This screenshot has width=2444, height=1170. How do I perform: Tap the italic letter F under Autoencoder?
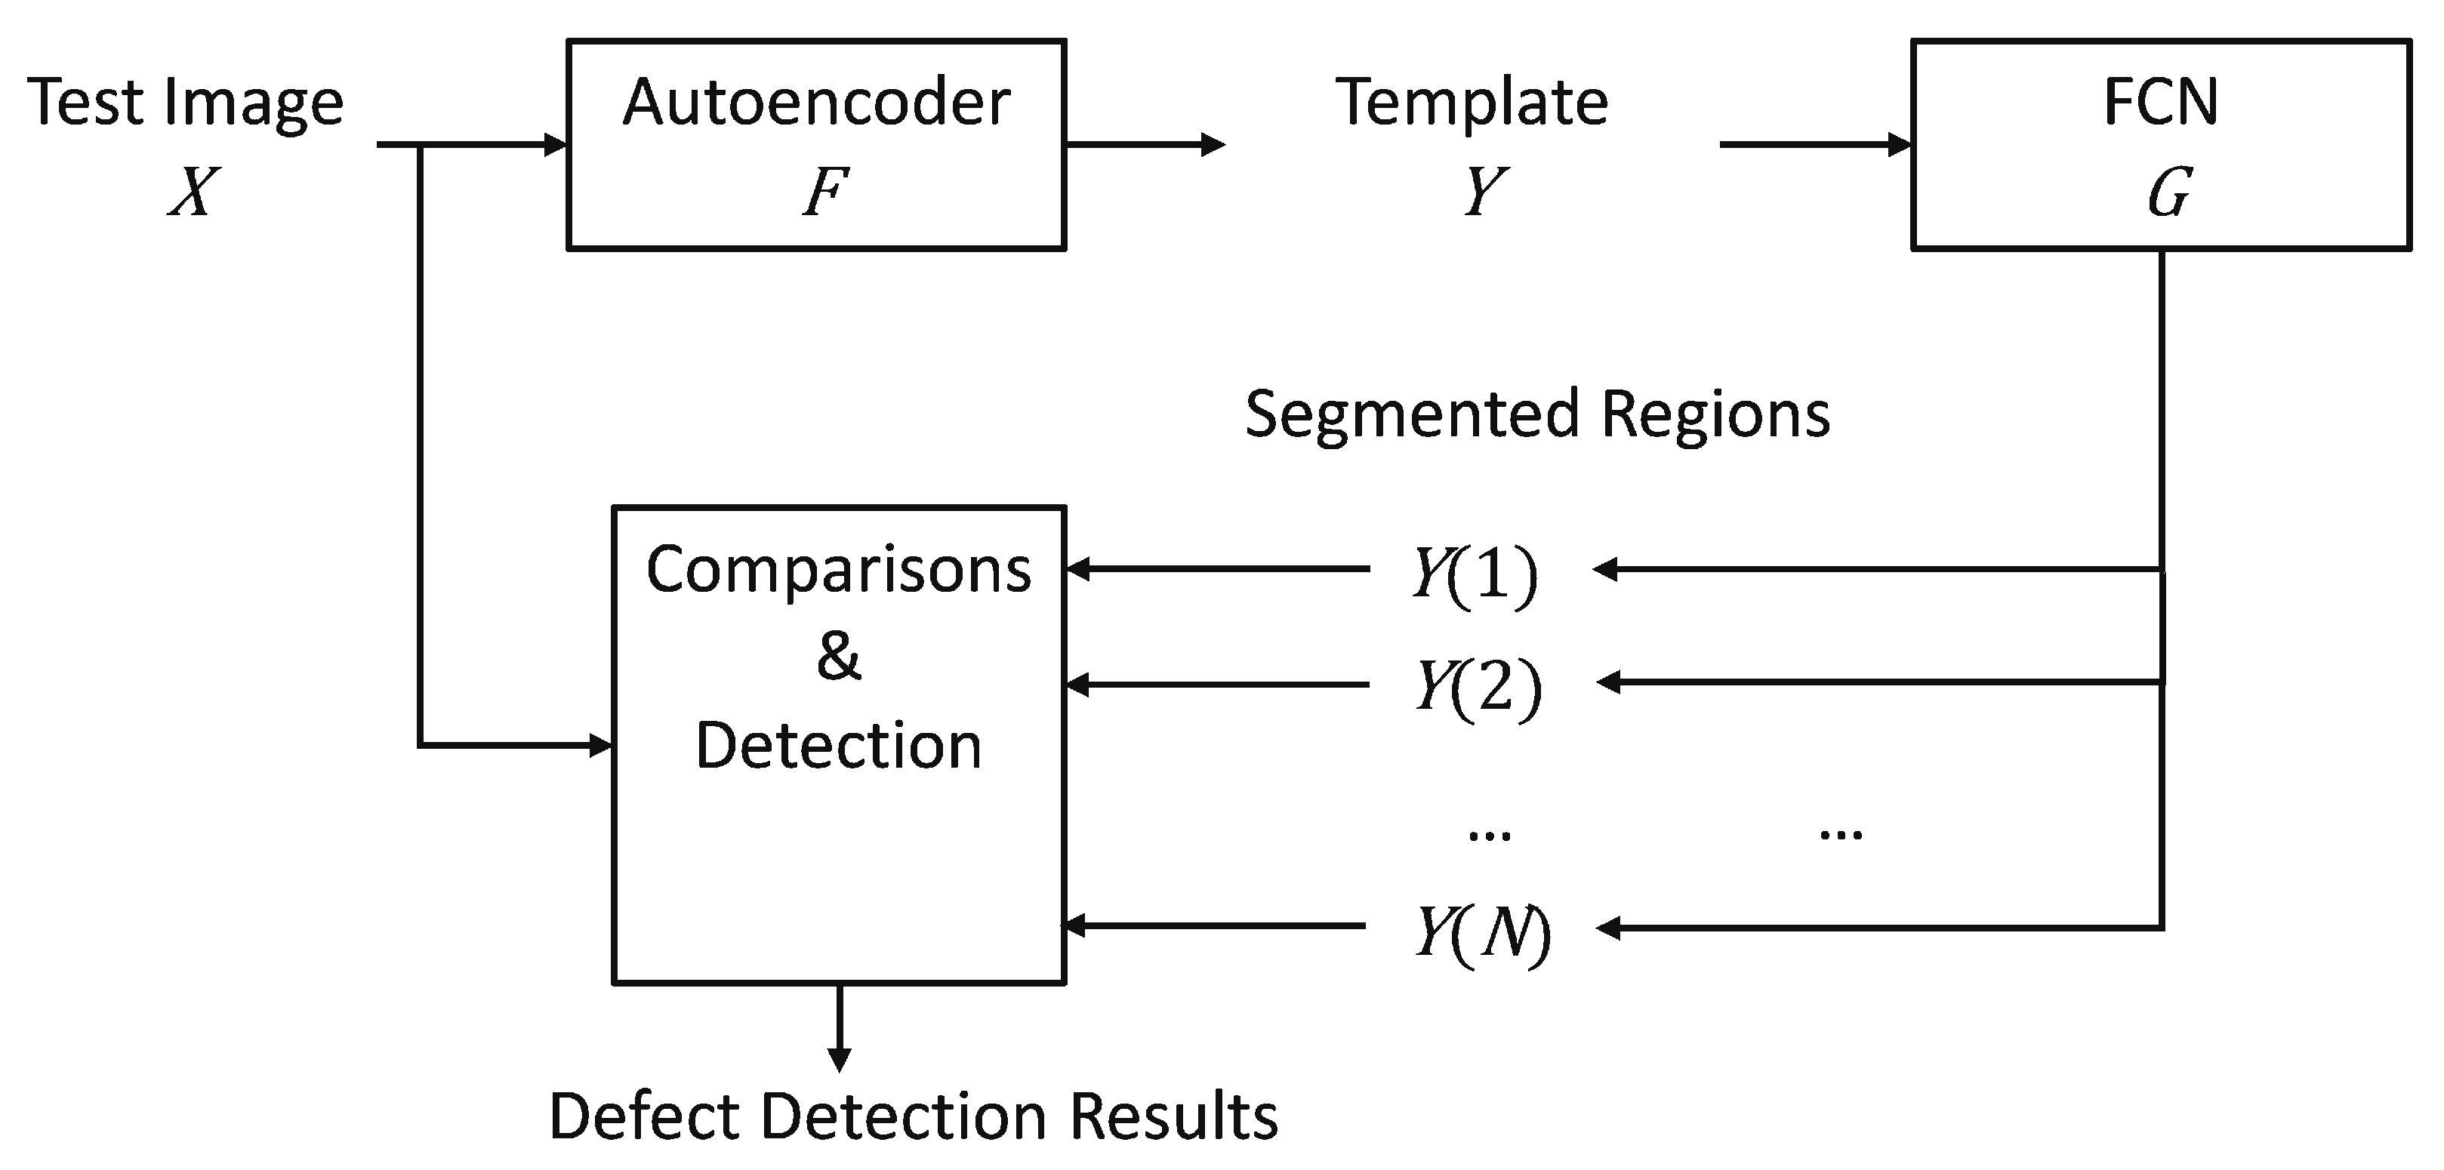(824, 192)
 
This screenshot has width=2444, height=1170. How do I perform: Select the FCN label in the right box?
(2160, 102)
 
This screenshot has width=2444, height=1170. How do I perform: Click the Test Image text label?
(185, 103)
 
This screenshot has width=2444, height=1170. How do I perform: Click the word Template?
(1472, 102)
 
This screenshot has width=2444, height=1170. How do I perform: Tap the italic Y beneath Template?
(1484, 192)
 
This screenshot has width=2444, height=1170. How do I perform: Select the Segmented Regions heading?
(1537, 414)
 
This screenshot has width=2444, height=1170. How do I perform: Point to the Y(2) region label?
(1478, 686)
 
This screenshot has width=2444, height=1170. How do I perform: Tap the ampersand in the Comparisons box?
(839, 656)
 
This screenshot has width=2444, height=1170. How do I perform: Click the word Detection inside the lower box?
(839, 746)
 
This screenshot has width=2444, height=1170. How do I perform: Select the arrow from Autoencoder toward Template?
(1145, 144)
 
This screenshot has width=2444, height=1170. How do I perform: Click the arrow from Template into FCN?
(1814, 144)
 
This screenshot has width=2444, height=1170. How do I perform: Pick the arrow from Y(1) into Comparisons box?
(1217, 569)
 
